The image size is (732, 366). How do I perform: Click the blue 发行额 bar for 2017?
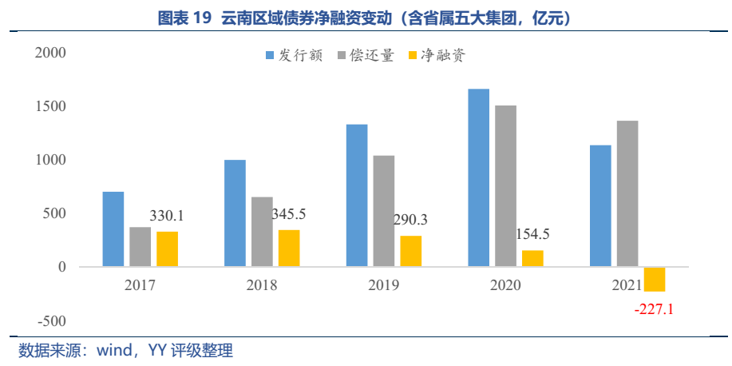coord(113,229)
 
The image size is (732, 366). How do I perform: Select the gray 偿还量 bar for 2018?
coord(263,232)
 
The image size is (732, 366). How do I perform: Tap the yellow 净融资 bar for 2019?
coord(411,251)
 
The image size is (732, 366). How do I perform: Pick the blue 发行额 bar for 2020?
coord(478,177)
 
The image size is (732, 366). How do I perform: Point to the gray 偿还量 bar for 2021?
coord(627,193)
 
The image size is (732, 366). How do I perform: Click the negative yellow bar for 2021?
coord(655,280)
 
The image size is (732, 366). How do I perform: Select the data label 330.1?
coord(167,216)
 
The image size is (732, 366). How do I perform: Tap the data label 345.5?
coord(289,214)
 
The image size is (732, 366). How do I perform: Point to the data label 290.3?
coord(410,220)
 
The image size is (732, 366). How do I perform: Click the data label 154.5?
coord(532,234)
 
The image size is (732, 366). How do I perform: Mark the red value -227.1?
coord(654,308)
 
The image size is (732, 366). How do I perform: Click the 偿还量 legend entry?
coord(366,56)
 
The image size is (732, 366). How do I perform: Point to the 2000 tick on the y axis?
coord(50,53)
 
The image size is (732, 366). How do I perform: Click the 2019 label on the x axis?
coord(384,285)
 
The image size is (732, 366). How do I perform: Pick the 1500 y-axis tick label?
coord(50,106)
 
